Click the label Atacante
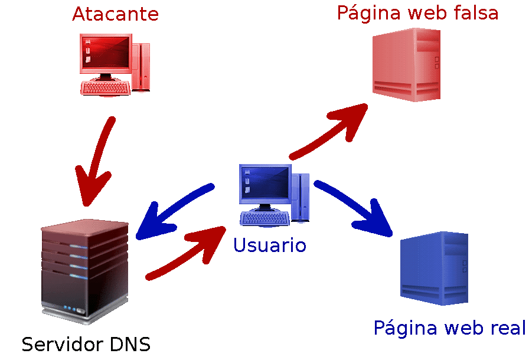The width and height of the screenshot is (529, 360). click(115, 14)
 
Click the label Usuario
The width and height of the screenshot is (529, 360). click(270, 244)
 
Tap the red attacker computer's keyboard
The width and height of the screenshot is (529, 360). click(106, 88)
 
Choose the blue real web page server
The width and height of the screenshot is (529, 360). click(434, 269)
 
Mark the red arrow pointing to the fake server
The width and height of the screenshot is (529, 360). click(331, 133)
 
